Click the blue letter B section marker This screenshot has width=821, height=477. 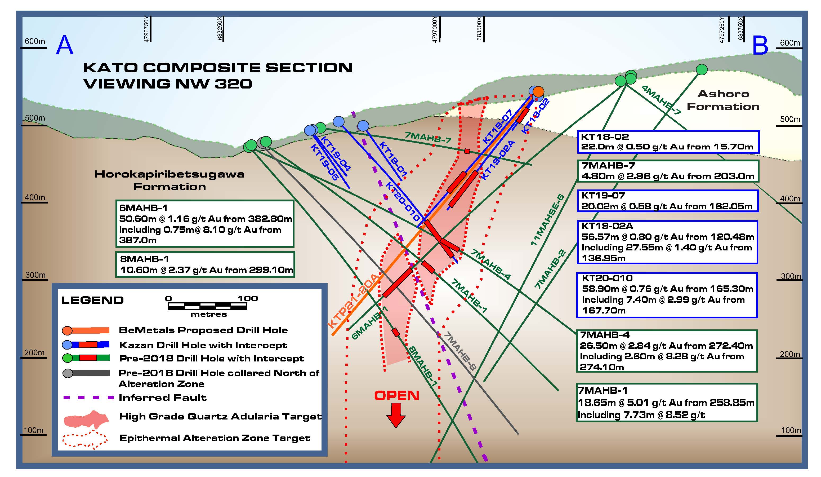click(x=760, y=45)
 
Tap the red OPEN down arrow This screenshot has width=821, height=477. click(x=396, y=415)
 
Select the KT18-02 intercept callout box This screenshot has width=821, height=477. click(x=668, y=142)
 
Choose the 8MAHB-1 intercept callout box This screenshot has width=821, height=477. click(x=205, y=264)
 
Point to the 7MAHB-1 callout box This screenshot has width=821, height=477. click(x=667, y=403)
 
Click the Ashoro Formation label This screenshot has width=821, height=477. click(x=723, y=100)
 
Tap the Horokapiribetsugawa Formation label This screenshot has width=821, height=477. click(x=169, y=180)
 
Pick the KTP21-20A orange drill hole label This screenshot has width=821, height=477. click(x=354, y=301)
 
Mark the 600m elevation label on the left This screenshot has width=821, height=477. click(x=34, y=41)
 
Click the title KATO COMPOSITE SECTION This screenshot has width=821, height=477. click(x=218, y=68)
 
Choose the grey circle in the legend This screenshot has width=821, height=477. click(x=68, y=373)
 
